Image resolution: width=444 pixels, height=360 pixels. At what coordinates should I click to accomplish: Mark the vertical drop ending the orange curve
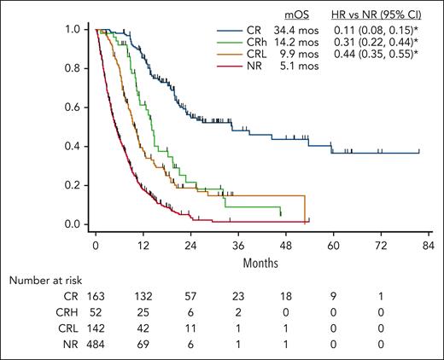pos(305,209)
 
